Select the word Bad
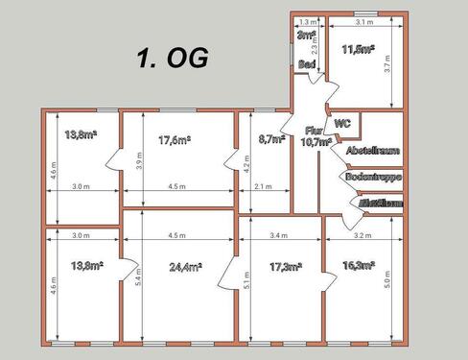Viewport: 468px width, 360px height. pos(307,64)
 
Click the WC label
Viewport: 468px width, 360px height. pos(342,123)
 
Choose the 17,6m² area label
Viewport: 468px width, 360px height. pos(174,140)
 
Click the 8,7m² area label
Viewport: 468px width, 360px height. pos(272,139)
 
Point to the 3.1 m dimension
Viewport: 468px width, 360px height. pos(363,21)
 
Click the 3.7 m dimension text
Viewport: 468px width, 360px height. pos(387,64)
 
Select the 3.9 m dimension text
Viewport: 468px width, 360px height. pos(141,163)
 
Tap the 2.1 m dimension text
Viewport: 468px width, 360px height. pos(263,187)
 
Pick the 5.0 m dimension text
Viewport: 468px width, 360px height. pos(387,281)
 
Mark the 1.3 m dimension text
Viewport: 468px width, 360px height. pos(307,21)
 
